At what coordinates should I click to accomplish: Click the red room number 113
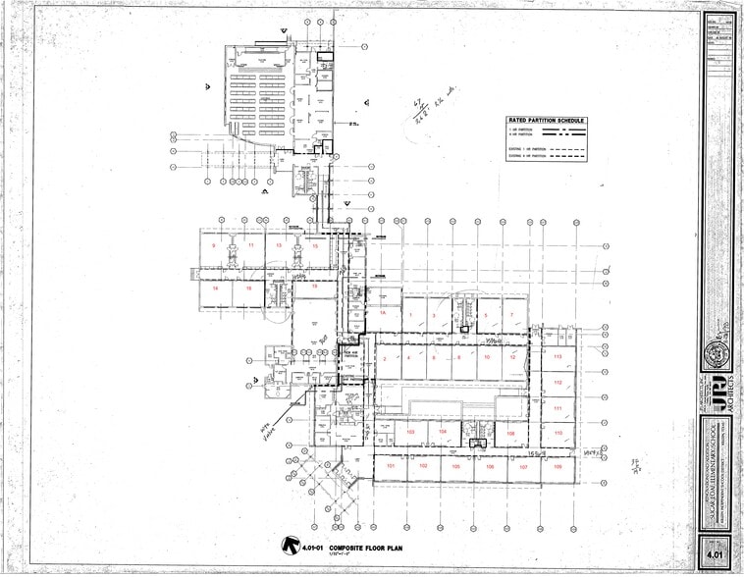point(558,356)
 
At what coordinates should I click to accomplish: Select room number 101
point(390,466)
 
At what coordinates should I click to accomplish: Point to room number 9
point(228,243)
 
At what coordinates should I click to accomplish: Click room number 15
point(315,245)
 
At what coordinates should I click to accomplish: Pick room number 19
point(314,287)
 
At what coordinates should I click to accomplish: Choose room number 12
point(511,358)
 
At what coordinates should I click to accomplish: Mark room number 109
point(511,432)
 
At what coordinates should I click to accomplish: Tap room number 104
point(443,432)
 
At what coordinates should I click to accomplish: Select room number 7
point(511,314)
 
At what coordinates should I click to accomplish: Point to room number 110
point(558,432)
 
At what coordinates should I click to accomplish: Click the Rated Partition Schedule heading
point(546,121)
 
